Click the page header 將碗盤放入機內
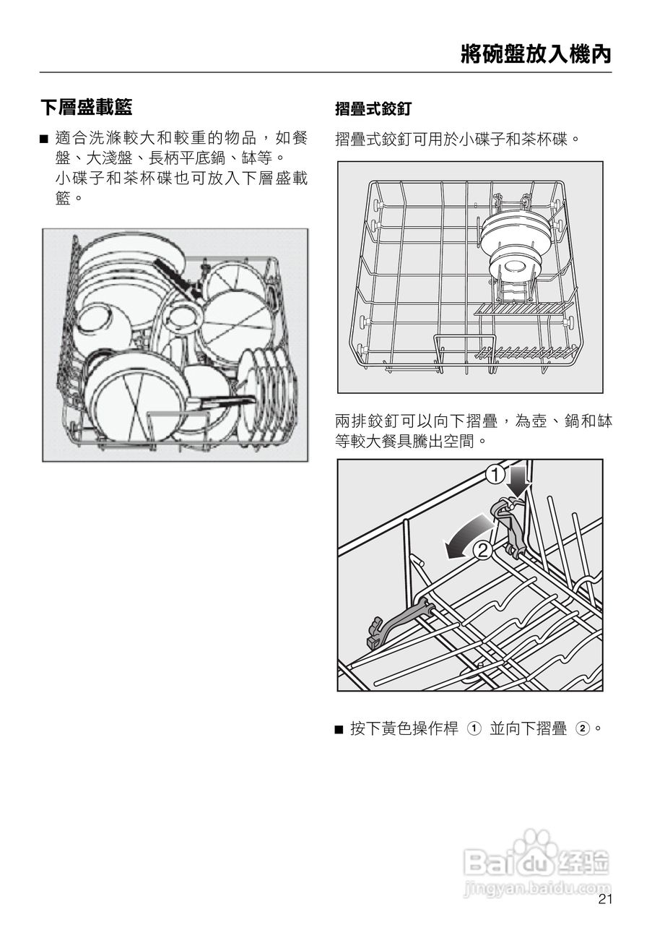(536, 54)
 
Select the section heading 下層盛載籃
(86, 108)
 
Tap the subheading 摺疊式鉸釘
(373, 109)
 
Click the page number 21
(605, 899)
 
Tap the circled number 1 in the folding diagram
(495, 475)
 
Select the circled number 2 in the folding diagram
(483, 550)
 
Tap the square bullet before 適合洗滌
(44, 137)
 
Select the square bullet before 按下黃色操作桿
(339, 729)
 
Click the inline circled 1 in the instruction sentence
(474, 728)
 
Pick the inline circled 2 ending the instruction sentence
(582, 728)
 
